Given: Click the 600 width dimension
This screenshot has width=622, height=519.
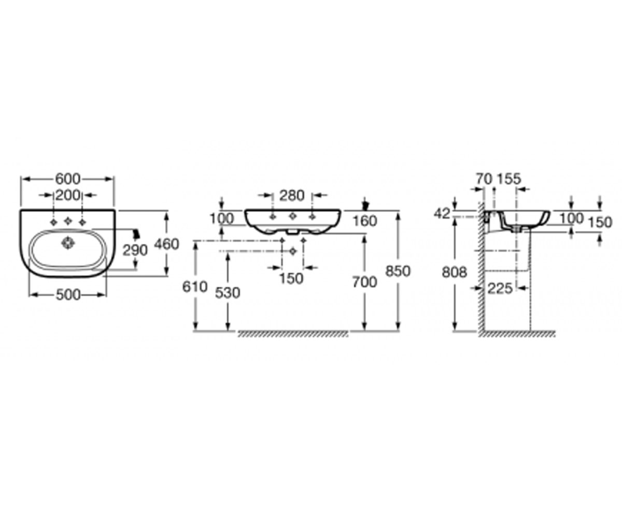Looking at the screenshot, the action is click(x=68, y=179).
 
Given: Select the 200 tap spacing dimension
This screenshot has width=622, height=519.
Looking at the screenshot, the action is click(x=68, y=195).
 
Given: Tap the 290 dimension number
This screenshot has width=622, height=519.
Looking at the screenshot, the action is click(x=135, y=250).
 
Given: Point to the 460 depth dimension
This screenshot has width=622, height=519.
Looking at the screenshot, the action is click(x=166, y=244).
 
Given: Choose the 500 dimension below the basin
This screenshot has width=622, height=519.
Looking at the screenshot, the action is click(x=68, y=295).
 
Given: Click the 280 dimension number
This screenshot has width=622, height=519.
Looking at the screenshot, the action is click(x=292, y=196).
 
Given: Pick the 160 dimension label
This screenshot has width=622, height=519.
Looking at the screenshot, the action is click(x=365, y=221).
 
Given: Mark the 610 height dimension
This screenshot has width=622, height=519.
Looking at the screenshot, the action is click(x=195, y=287).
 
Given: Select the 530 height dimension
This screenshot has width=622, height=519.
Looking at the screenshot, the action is click(x=228, y=293).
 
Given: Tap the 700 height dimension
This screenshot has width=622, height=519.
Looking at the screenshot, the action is click(x=364, y=282).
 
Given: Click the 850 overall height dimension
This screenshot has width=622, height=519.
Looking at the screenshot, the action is click(x=398, y=271).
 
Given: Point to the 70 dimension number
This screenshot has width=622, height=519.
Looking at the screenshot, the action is click(x=484, y=179).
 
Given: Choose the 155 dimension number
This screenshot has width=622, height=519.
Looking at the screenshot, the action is click(x=509, y=179).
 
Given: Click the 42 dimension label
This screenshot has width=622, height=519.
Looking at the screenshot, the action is click(x=442, y=213).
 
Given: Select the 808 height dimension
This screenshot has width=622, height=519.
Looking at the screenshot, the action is click(x=454, y=272).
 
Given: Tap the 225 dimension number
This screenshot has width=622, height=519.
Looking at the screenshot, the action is click(x=500, y=288).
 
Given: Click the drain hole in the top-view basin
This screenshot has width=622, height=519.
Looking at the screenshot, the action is click(x=68, y=243).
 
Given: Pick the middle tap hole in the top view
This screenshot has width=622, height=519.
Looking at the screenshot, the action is click(x=68, y=221).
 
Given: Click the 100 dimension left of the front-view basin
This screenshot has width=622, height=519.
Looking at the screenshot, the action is click(x=222, y=219).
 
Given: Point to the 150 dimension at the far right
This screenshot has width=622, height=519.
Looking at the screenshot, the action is click(x=600, y=222).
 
